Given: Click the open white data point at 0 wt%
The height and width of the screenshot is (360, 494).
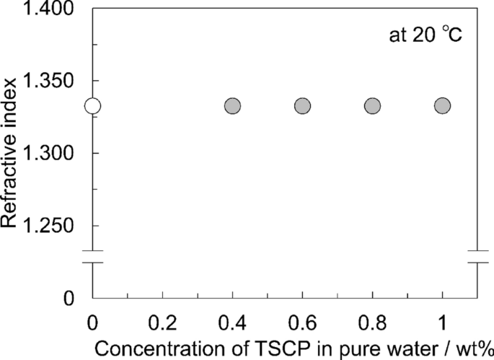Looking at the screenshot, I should coord(92,106).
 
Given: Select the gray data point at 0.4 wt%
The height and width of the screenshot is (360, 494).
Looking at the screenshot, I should coord(232,106).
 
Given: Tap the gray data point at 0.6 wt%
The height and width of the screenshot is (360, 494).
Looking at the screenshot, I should coord(302,106).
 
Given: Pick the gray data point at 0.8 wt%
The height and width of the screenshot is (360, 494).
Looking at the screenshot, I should coord(372,106).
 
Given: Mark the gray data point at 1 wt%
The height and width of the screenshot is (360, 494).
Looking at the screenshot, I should coord(442,106).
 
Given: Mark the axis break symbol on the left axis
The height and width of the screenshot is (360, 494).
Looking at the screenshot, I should coord(94,257).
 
